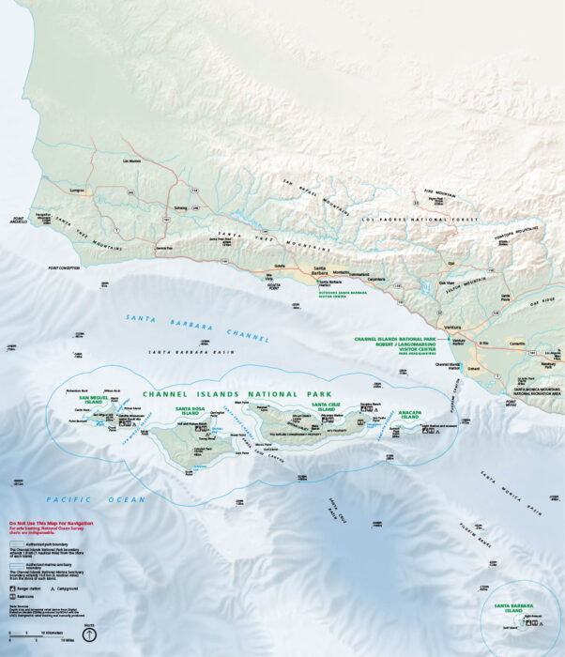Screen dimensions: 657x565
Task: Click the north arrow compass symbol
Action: coord(90,634)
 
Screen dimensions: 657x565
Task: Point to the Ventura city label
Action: coord(452,328)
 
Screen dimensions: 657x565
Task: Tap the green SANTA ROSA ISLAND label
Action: coord(189,409)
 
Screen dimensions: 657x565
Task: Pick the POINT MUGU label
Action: coord(512,403)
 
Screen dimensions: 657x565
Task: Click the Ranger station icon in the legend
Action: coord(13,588)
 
